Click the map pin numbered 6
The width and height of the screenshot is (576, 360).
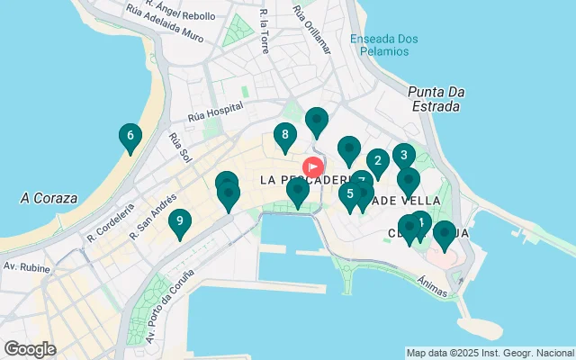point(130,137)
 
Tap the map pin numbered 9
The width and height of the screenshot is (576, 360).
point(180,221)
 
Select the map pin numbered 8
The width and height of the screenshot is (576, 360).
point(285,137)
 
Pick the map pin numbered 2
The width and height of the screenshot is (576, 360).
point(377,162)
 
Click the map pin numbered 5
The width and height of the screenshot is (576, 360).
point(349,193)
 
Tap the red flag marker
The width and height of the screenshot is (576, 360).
point(313,167)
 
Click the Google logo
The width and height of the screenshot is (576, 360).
point(30,348)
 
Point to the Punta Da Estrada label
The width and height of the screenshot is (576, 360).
point(434,99)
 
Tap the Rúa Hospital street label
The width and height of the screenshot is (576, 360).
point(216,112)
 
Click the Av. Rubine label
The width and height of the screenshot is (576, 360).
point(24,266)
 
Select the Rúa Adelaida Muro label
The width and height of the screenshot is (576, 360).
point(166,25)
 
